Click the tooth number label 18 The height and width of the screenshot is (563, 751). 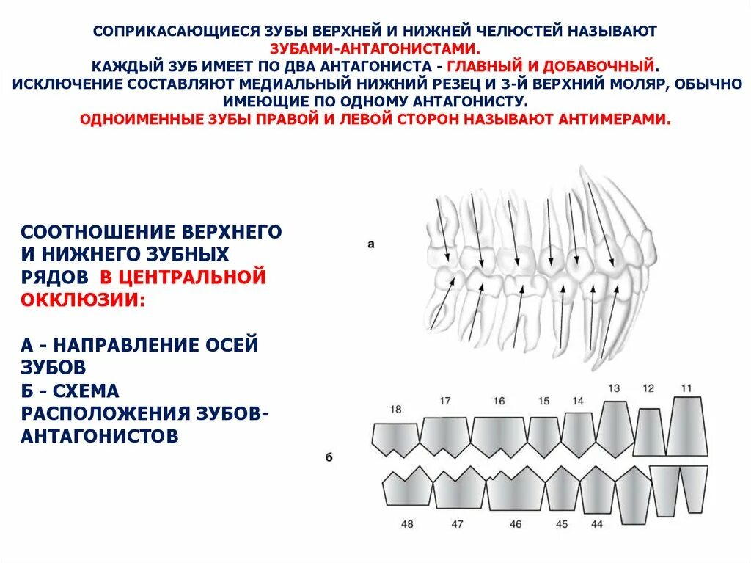pyautogui.click(x=396, y=410)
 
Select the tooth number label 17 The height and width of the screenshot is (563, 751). pyautogui.click(x=444, y=400)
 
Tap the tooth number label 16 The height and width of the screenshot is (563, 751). pyautogui.click(x=499, y=401)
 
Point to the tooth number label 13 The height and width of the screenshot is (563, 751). pyautogui.click(x=614, y=388)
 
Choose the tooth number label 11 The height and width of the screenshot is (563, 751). pyautogui.click(x=686, y=388)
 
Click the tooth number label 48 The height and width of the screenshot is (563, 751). pyautogui.click(x=407, y=524)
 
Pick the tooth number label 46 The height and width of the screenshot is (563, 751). pyautogui.click(x=516, y=524)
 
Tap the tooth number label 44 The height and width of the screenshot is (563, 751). pyautogui.click(x=596, y=524)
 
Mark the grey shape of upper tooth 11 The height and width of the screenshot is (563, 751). pyautogui.click(x=687, y=427)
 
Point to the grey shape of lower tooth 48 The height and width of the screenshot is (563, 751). pyautogui.click(x=406, y=489)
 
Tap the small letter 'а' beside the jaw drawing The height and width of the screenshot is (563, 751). pyautogui.click(x=370, y=244)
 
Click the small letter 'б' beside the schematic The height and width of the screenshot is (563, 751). pyautogui.click(x=329, y=458)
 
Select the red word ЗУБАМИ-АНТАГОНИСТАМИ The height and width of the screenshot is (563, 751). pyautogui.click(x=375, y=48)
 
